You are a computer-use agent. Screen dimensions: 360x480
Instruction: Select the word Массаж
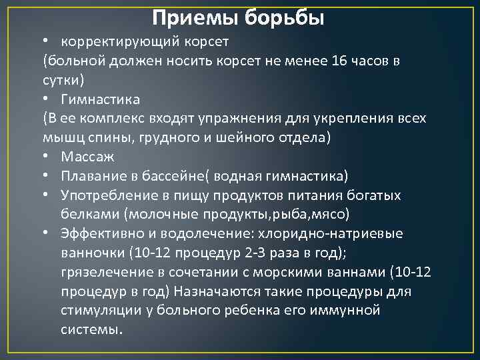[x=87, y=157]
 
